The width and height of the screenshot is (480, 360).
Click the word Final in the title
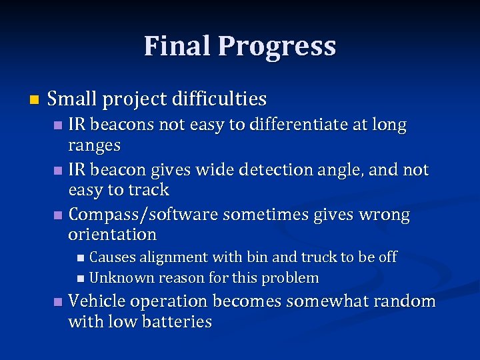[177, 46]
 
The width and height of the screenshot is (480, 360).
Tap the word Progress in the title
[277, 47]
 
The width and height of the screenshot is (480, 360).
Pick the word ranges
[95, 145]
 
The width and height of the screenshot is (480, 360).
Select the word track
[147, 190]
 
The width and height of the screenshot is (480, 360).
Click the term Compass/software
[143, 215]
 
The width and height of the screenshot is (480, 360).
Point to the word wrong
[385, 215]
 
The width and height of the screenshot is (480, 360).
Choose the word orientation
[112, 235]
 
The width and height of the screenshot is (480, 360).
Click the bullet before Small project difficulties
[35, 100]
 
